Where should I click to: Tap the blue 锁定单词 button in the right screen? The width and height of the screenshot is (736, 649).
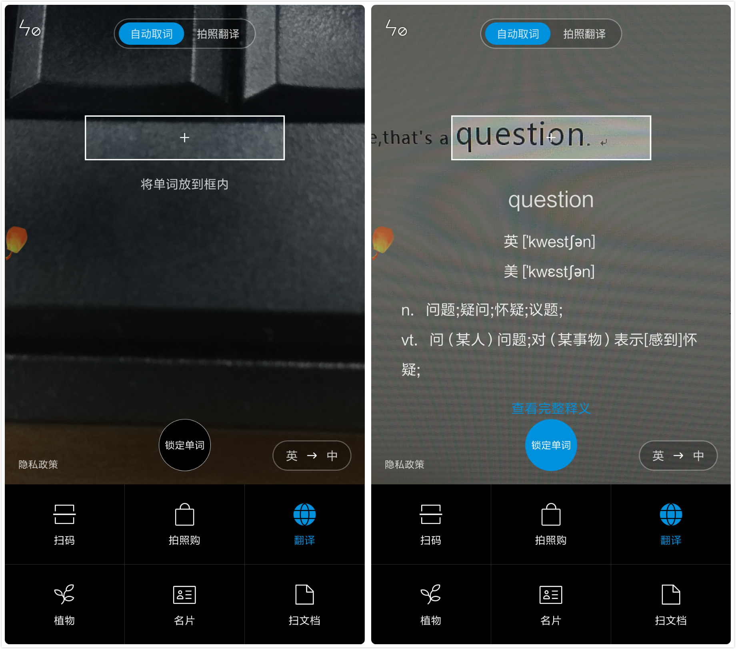click(x=551, y=445)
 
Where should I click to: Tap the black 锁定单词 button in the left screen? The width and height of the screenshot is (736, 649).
click(x=184, y=445)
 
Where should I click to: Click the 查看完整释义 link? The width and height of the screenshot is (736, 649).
click(x=551, y=408)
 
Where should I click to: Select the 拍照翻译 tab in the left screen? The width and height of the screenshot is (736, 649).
click(x=218, y=34)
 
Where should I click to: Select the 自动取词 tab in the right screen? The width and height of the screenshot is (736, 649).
click(x=518, y=34)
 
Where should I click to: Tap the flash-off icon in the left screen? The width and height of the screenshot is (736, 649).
click(x=30, y=28)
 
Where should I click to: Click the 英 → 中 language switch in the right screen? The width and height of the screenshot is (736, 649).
click(x=678, y=456)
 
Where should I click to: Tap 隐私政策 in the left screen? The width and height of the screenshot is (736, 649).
click(x=38, y=464)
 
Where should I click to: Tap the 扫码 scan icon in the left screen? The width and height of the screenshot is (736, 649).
click(x=64, y=515)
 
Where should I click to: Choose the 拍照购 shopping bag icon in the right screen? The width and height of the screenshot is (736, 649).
click(x=551, y=515)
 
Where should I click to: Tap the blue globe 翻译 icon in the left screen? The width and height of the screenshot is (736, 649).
click(x=304, y=515)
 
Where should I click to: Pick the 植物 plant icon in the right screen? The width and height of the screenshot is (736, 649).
click(x=431, y=595)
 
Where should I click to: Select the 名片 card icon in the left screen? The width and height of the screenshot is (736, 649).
click(x=184, y=595)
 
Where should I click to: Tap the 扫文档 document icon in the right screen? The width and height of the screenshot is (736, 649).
click(x=671, y=595)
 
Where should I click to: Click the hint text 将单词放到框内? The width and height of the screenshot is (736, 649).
click(x=184, y=184)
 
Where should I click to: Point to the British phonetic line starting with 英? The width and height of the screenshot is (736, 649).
click(x=550, y=241)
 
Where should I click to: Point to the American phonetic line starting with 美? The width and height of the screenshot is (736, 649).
click(x=550, y=272)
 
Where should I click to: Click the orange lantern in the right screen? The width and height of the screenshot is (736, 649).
click(x=382, y=240)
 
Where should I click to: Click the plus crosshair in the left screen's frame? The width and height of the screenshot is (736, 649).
click(x=184, y=138)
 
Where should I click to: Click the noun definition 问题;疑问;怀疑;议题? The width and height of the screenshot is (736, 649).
click(x=494, y=310)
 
